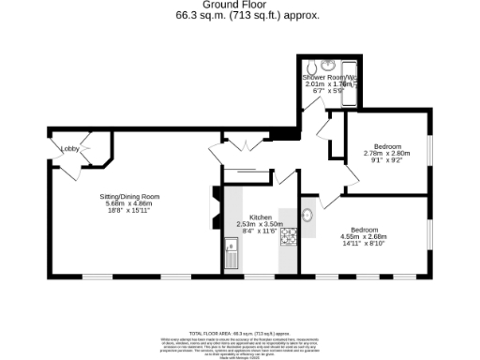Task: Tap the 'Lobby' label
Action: point(69,149)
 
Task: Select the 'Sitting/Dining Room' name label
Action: point(130,196)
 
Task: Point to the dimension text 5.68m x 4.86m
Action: point(130,203)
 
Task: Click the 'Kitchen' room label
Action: point(260,217)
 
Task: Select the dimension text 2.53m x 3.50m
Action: point(260,224)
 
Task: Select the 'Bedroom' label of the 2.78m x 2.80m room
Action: point(387,146)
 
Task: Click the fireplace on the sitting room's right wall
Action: point(216,208)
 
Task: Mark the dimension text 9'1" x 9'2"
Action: point(387,160)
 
